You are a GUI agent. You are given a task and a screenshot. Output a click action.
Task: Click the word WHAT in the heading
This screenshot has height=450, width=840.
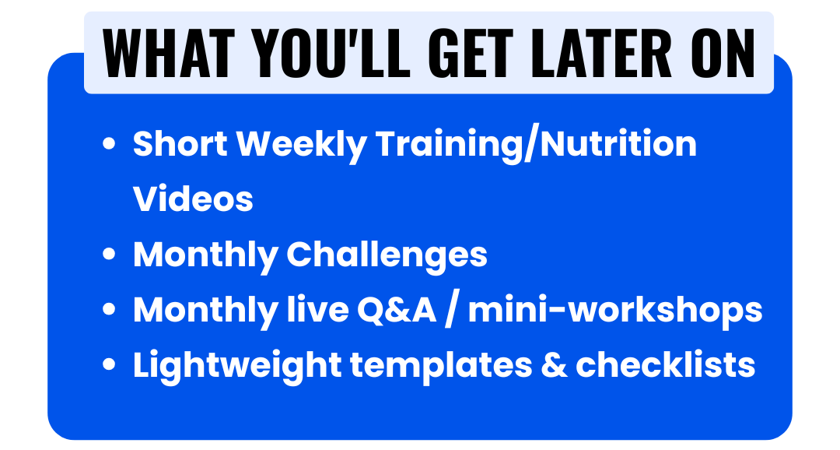coord(169,53)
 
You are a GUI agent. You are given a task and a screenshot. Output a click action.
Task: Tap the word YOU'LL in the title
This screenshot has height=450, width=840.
coord(331,53)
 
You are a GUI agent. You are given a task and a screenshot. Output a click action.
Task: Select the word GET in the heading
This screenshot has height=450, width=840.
coord(471,53)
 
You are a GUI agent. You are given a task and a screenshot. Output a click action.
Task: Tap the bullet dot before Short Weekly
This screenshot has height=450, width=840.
coord(109,144)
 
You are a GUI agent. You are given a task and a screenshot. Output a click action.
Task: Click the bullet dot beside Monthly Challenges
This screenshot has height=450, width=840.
coord(109,254)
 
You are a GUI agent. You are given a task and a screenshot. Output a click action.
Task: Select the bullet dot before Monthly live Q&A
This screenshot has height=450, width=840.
coord(109,310)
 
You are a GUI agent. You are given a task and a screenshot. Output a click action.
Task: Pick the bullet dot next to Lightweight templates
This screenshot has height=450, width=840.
coord(109,364)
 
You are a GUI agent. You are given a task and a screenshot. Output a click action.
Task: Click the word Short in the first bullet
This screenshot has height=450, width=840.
coord(180,144)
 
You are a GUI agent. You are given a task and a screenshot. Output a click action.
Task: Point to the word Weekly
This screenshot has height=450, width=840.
coord(302,146)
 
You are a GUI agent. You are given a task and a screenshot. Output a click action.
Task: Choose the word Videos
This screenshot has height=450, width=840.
coord(193,199)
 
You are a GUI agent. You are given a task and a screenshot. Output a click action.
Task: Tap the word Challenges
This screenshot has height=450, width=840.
coord(387,255)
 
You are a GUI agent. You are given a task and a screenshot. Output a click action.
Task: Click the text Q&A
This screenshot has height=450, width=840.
coord(397,310)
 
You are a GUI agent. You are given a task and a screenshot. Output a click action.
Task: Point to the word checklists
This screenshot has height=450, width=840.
coord(665,364)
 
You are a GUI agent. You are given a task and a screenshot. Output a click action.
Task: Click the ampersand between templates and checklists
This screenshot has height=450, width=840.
coord(554,365)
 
